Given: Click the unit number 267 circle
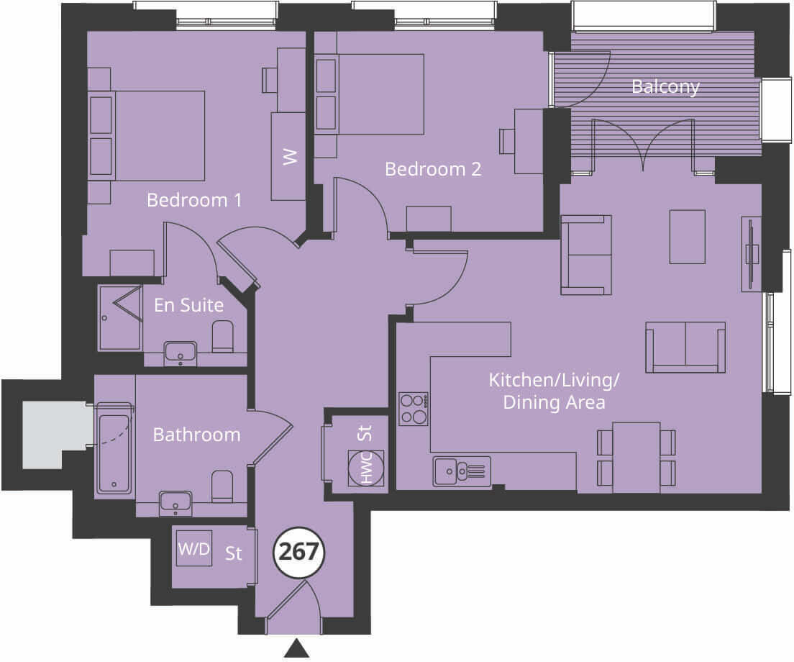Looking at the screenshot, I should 298,552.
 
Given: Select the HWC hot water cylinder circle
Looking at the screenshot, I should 366,468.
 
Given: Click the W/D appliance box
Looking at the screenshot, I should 194,549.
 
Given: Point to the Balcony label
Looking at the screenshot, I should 665,86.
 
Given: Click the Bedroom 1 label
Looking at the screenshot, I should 194,199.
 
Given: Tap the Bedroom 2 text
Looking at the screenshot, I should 433,169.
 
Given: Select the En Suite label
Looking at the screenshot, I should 188,305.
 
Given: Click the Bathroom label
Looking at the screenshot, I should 196,435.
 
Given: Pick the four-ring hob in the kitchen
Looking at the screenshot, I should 414,409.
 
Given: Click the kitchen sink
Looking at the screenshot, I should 461,472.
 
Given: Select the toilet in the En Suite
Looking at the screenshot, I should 223,337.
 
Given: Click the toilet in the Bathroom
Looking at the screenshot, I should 223,486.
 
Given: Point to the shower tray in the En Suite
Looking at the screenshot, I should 120,318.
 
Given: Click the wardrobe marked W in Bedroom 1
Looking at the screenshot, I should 288,156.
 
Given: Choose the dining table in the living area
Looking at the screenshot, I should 636,458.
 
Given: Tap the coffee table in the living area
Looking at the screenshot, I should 688,237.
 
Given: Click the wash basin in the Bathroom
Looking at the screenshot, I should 175,502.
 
